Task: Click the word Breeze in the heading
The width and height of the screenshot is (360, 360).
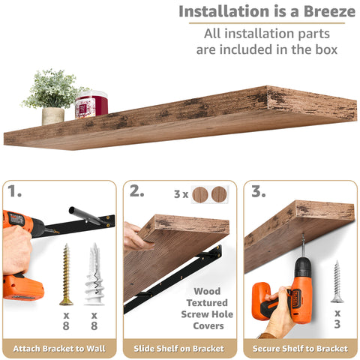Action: click(318, 12)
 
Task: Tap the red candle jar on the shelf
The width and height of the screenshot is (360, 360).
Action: click(91, 105)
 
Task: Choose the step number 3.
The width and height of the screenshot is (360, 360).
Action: click(259, 191)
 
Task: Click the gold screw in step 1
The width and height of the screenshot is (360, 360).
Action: click(66, 274)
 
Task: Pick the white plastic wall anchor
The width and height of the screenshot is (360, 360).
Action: click(94, 274)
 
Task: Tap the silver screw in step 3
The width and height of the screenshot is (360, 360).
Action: click(337, 281)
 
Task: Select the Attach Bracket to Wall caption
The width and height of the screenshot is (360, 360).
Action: click(58, 349)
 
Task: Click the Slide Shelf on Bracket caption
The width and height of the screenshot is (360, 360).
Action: click(180, 349)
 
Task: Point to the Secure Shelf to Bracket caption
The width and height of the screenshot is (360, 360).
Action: click(301, 349)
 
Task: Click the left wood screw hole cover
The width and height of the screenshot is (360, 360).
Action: click(199, 194)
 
